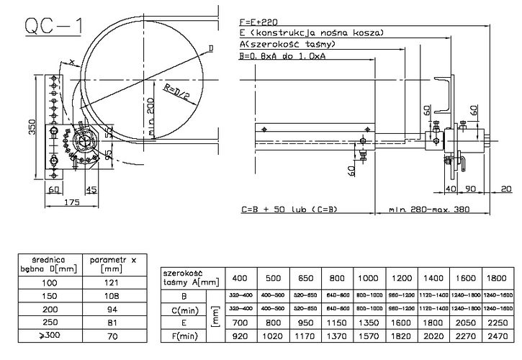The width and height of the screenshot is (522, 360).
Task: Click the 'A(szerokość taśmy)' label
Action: point(287,45)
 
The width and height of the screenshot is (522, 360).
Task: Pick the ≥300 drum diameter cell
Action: point(49,336)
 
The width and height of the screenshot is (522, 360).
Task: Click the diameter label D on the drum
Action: point(210,48)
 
